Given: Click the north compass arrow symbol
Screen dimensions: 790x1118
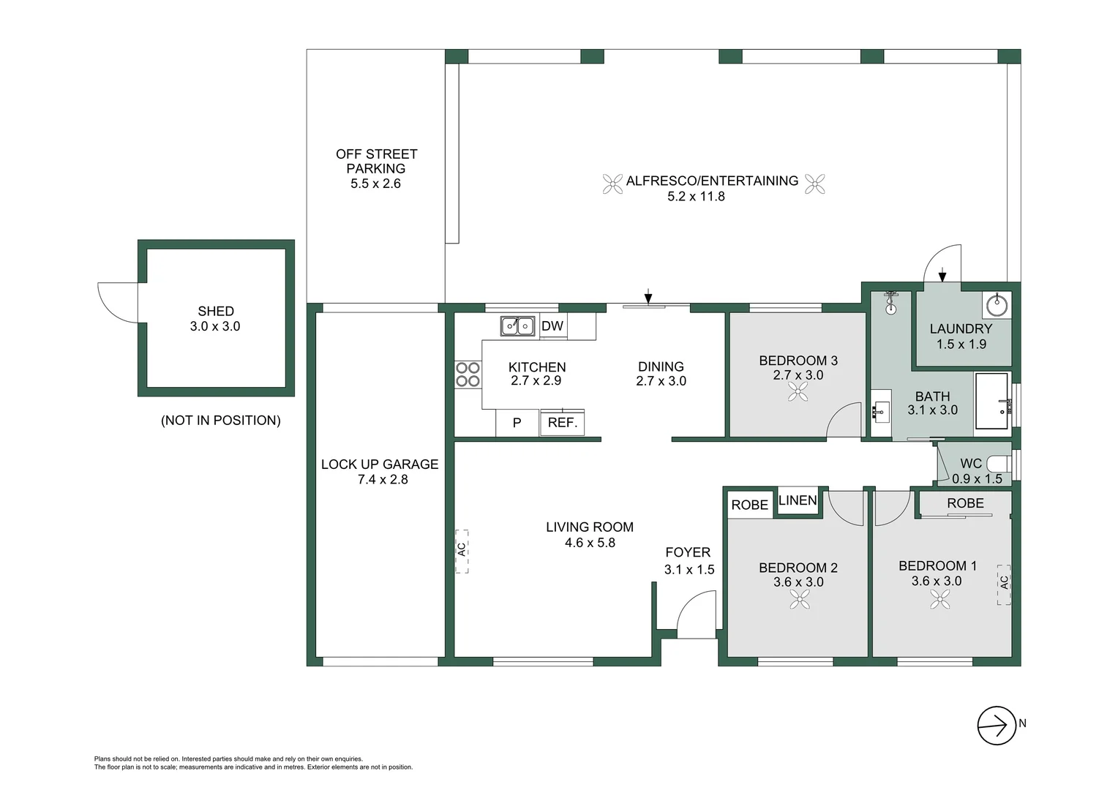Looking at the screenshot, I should (997, 725).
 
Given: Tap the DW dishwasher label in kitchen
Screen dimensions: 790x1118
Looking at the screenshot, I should (552, 326).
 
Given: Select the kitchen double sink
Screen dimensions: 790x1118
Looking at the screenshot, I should (517, 326).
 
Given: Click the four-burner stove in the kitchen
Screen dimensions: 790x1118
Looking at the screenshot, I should (468, 375).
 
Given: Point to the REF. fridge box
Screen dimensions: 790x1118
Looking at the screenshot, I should (562, 423).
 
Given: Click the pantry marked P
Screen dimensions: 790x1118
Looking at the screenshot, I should (517, 423).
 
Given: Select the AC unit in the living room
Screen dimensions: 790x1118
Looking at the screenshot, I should (462, 551).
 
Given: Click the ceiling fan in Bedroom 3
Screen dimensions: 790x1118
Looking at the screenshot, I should (798, 393).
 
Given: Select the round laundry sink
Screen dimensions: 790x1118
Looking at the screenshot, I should (997, 304).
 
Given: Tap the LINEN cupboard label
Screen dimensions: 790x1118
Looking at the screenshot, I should (798, 501).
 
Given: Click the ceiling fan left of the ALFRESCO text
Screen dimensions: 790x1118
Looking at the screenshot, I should (612, 184).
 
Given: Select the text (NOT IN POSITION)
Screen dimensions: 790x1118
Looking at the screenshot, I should (220, 421).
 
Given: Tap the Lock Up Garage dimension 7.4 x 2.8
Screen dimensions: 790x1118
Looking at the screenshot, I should (383, 480).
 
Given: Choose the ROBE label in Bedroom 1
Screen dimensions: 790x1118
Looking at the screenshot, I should (965, 503).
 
